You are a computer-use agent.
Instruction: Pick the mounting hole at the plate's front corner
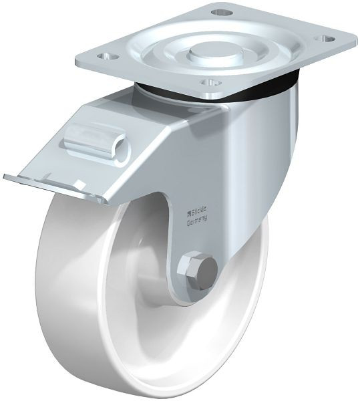pos(212,84)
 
